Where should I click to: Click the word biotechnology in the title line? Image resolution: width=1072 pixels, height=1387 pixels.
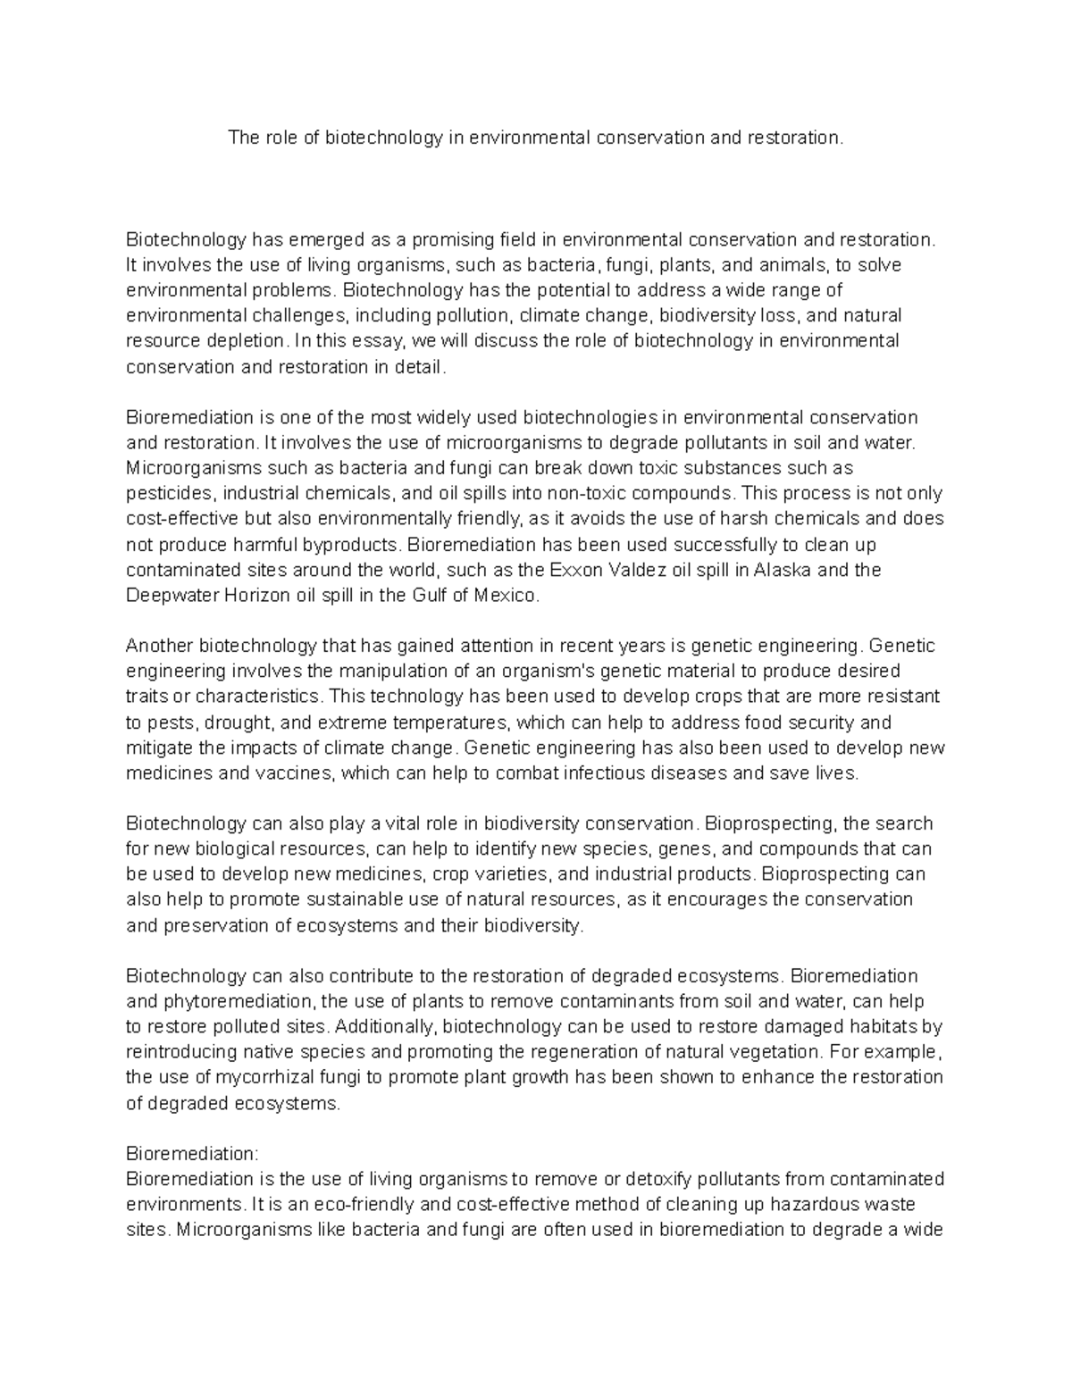[x=383, y=138]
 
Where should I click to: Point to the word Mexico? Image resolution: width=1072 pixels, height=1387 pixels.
[x=510, y=595]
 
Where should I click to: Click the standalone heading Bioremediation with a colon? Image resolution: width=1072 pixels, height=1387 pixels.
[x=191, y=1153]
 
